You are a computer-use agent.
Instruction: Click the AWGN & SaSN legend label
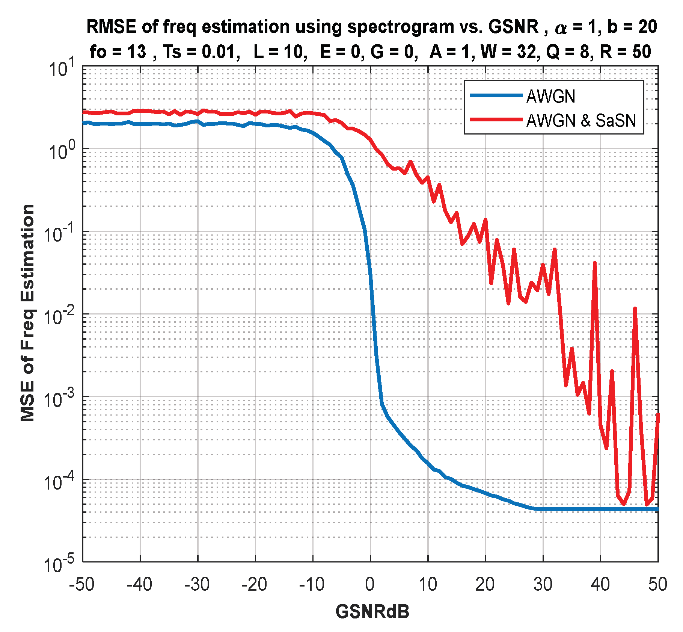(581, 121)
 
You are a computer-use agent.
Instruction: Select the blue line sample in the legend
(496, 96)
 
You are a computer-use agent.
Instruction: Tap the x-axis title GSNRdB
(372, 611)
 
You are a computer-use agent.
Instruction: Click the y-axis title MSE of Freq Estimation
(28, 313)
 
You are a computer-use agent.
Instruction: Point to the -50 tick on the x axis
(82, 585)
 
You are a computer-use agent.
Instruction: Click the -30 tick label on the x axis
(197, 585)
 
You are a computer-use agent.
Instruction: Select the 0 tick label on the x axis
(370, 585)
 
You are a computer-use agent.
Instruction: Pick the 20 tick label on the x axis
(485, 585)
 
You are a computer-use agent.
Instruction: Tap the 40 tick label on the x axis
(600, 585)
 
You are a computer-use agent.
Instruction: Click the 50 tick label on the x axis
(657, 585)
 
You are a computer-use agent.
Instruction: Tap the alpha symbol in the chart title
(561, 29)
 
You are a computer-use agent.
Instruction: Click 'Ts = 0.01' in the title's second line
(202, 52)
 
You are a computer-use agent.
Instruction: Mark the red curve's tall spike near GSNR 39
(595, 263)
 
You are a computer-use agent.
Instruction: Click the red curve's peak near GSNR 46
(635, 309)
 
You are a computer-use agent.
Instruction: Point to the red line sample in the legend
(496, 120)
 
